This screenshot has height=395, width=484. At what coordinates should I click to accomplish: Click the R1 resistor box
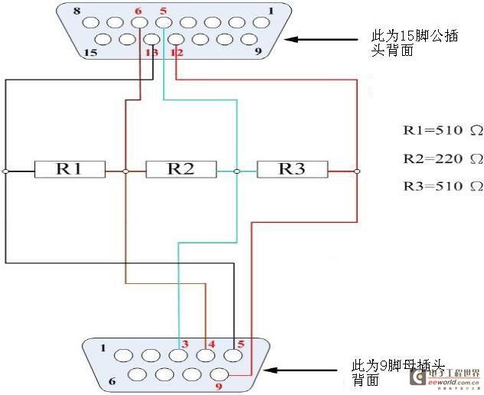(x=68, y=169)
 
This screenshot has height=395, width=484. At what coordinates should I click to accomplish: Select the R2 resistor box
(x=181, y=169)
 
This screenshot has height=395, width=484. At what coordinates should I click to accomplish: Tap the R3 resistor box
(x=292, y=169)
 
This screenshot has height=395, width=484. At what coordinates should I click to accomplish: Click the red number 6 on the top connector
(x=138, y=11)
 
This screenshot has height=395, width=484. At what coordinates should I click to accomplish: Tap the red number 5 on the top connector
(x=162, y=11)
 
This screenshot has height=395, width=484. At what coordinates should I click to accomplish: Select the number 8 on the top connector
(x=77, y=11)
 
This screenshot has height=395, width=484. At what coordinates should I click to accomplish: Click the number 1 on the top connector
(x=270, y=11)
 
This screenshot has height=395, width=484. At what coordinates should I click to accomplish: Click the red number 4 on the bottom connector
(x=211, y=344)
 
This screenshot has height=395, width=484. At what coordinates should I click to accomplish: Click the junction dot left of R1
(x=5, y=171)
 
